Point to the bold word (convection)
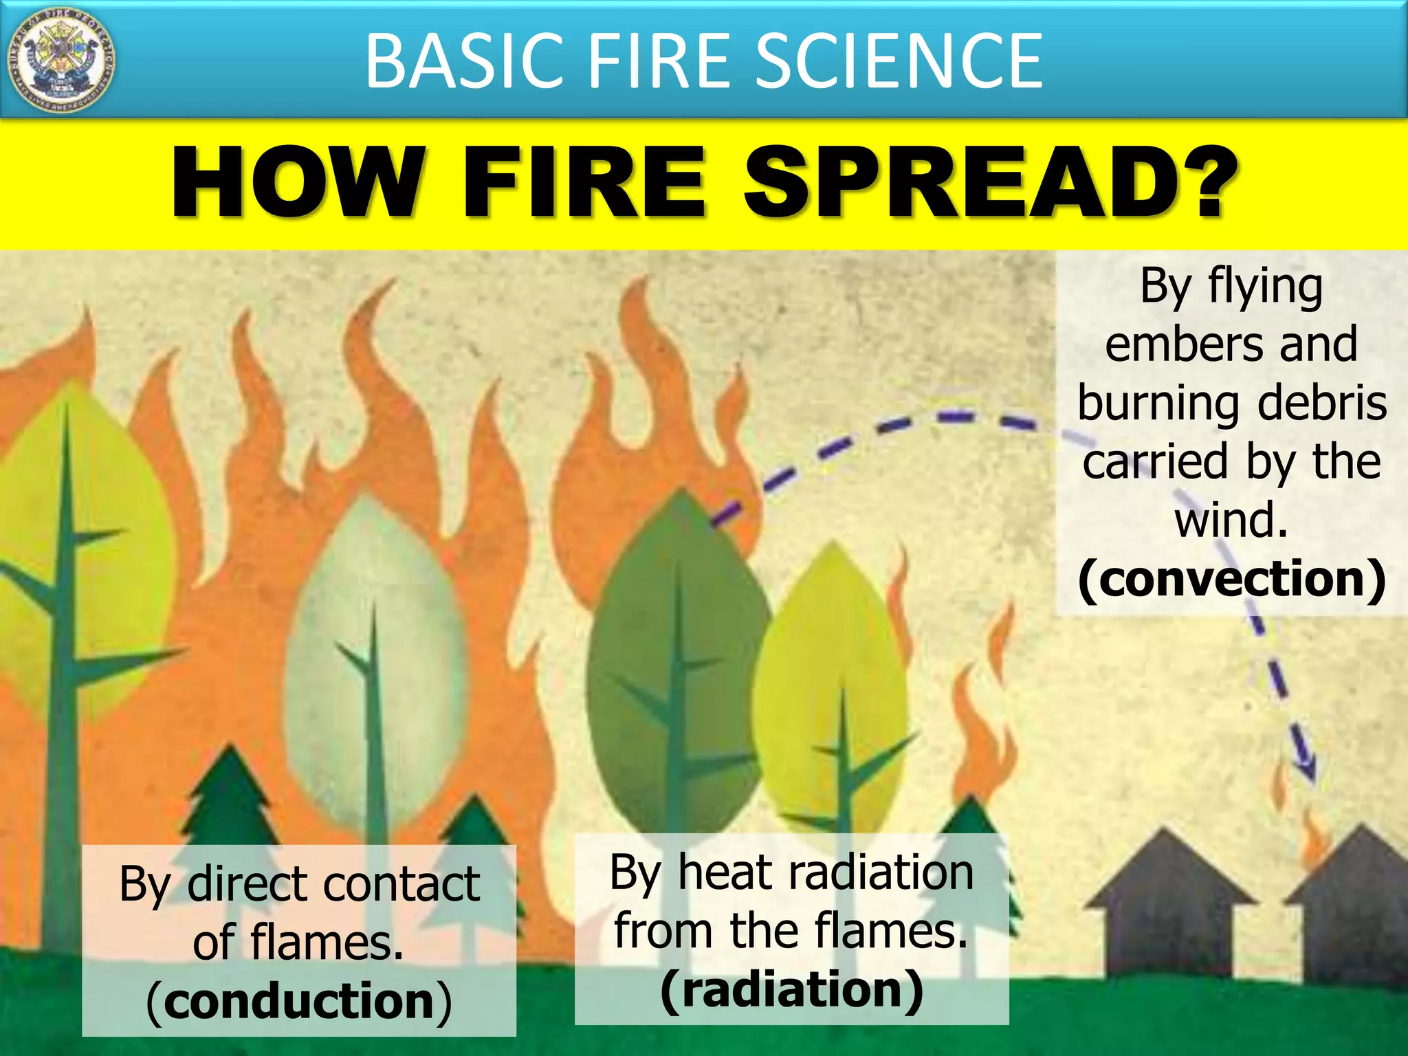pos(1231,579)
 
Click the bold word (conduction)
pos(299,1001)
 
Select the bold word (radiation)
pos(791,989)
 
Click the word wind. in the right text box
pos(1231,520)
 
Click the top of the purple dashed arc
pos(956,417)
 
